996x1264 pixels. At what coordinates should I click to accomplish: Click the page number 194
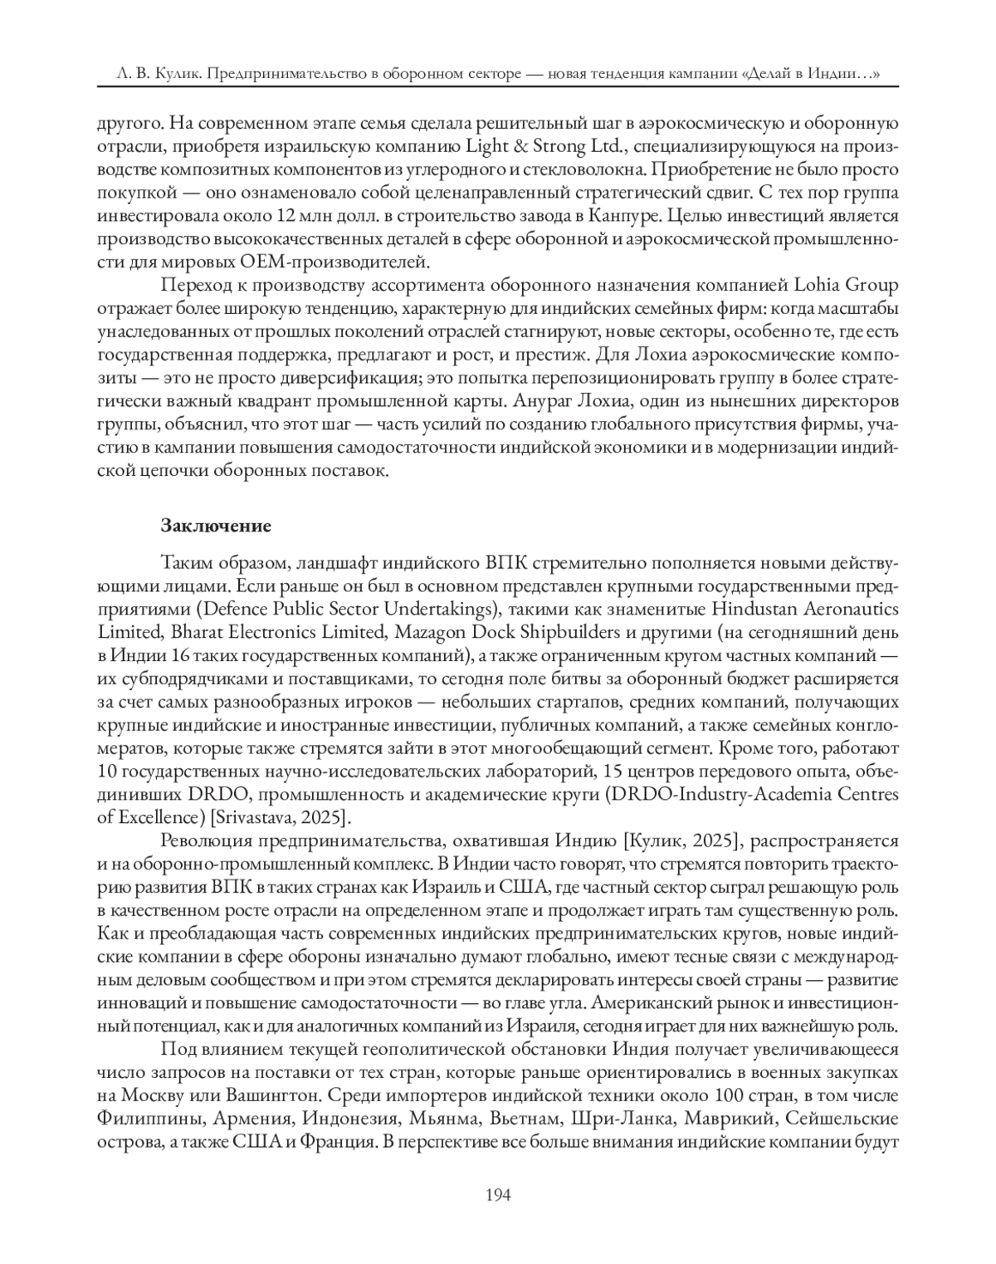click(x=497, y=1195)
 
